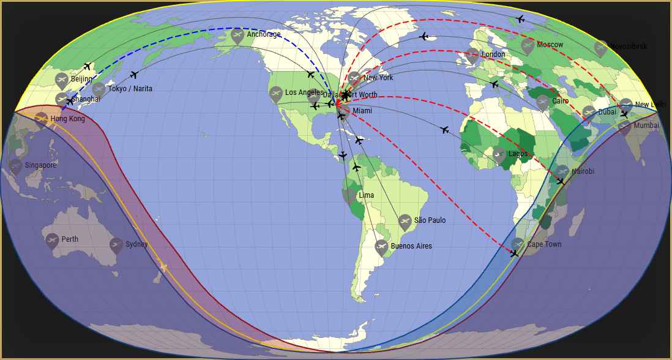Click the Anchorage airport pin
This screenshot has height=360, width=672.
[x=237, y=36]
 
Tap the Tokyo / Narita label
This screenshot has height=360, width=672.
[x=130, y=89]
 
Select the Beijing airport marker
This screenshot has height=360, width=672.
[x=61, y=80]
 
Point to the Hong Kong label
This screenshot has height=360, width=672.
[x=67, y=119]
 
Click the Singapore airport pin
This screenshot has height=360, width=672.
[x=16, y=167]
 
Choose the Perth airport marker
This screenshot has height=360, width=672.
[x=52, y=240]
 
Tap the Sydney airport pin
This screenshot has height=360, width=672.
[x=116, y=246]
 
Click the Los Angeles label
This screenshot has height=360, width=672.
[x=304, y=92]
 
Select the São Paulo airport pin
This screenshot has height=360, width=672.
[x=405, y=222]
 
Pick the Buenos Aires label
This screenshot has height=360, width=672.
[x=411, y=246]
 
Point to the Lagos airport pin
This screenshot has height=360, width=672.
[x=499, y=155]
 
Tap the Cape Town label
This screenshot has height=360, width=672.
[x=544, y=244]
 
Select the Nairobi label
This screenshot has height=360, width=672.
[x=583, y=171]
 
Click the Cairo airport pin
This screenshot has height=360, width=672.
[x=542, y=102]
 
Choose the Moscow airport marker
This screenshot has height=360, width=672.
[x=528, y=46]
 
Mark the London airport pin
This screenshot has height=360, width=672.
[x=472, y=56]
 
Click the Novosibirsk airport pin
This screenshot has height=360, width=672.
[x=601, y=48]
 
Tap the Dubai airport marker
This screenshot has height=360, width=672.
[x=589, y=113]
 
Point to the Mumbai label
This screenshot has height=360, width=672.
[x=646, y=126]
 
